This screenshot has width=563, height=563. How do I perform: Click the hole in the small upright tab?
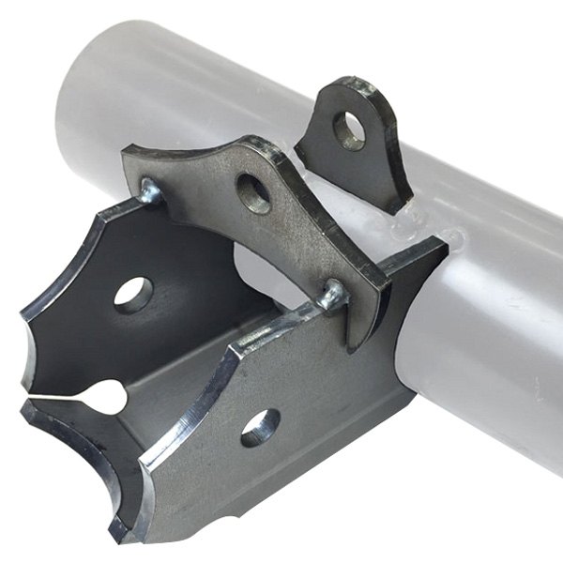[349, 130]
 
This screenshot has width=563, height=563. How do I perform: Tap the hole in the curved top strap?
[253, 192]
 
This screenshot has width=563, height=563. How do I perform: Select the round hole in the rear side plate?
[133, 295]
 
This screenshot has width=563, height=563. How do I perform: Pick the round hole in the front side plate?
[260, 427]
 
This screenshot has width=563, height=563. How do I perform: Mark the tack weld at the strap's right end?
[333, 297]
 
